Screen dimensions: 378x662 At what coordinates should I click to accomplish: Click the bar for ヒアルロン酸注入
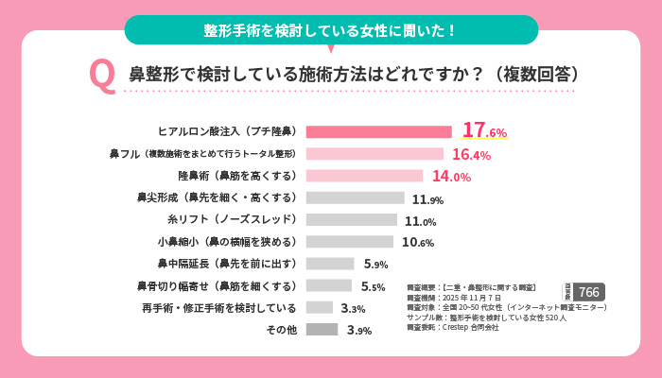(x=378, y=131)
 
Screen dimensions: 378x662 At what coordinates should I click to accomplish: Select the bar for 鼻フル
(x=375, y=153)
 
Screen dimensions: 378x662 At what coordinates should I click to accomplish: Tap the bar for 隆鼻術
(x=364, y=176)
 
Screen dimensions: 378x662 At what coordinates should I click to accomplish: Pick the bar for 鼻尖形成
(x=355, y=198)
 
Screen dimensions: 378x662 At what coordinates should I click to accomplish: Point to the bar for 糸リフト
(x=352, y=220)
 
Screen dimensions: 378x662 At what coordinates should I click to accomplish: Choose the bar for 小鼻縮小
(x=350, y=242)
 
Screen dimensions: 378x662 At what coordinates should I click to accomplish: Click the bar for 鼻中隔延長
(x=330, y=264)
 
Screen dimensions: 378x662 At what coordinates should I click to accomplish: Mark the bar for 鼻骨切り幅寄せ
(x=329, y=285)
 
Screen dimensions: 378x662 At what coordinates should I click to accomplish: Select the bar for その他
(x=322, y=330)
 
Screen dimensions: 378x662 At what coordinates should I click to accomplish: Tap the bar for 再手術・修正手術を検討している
(x=320, y=307)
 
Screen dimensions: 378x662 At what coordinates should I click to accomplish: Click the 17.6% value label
(x=484, y=131)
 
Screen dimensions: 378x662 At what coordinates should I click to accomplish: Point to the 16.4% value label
(x=471, y=154)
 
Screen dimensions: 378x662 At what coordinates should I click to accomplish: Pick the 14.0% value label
(x=451, y=176)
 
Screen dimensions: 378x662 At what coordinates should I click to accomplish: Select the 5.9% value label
(x=375, y=265)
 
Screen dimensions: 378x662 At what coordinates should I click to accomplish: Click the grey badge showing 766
(x=588, y=292)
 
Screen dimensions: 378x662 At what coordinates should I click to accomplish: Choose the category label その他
(x=281, y=330)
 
